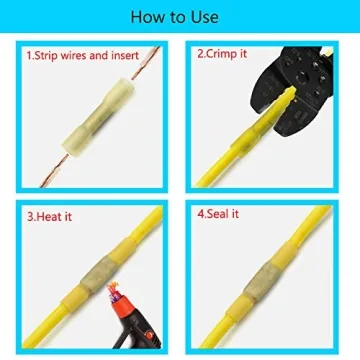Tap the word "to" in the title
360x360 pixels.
coord(180,18)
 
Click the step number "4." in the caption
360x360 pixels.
coord(201,212)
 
